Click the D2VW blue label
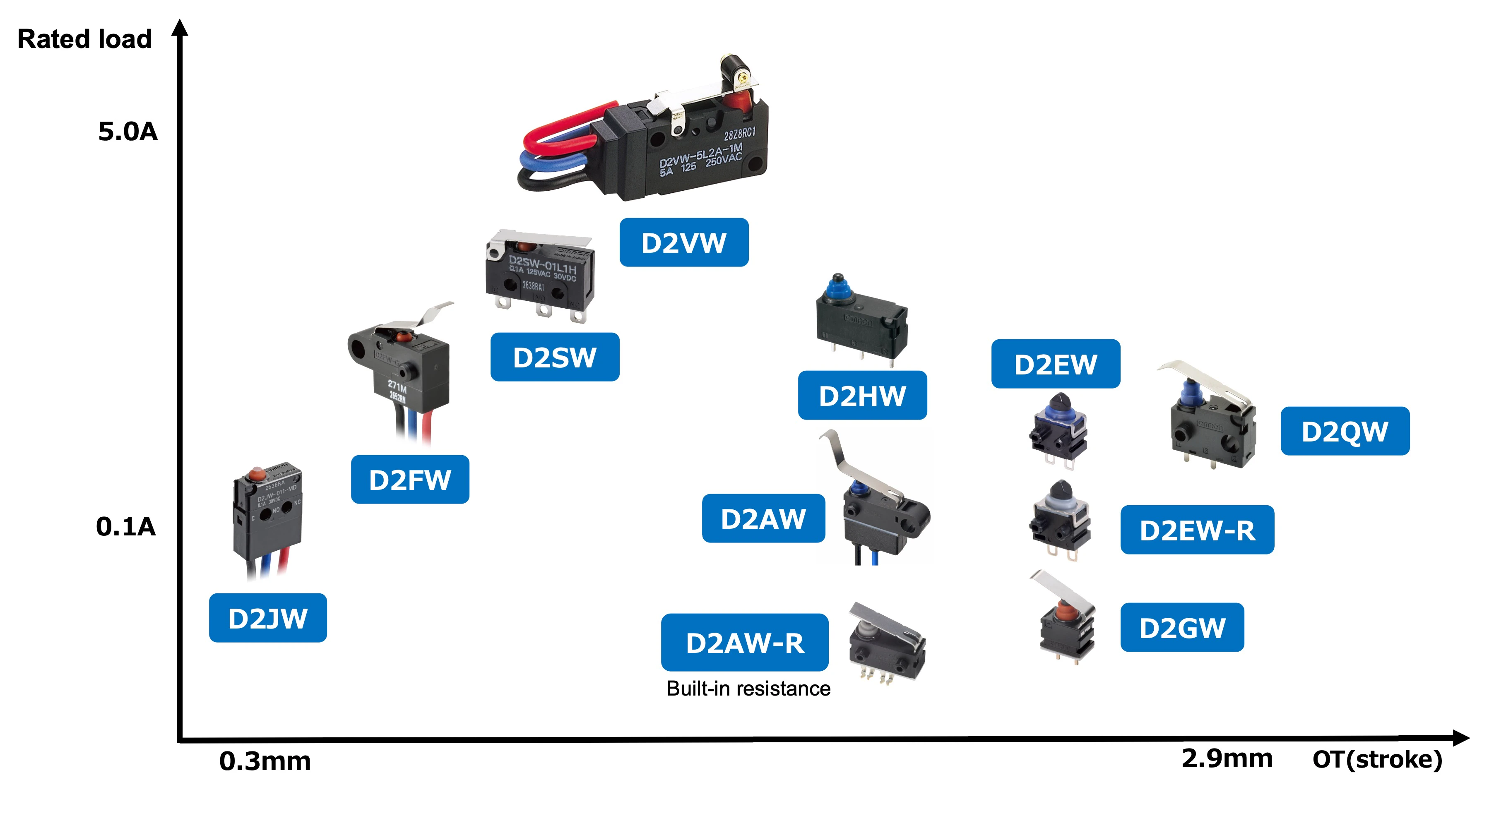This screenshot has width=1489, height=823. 684,242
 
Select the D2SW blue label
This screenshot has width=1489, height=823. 555,357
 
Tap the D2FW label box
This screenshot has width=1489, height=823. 410,480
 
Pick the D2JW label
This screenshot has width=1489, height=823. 268,618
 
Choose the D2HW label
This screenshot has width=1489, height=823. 862,395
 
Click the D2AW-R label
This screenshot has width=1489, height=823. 744,643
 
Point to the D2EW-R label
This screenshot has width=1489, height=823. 1197,530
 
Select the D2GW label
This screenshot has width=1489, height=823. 1182,628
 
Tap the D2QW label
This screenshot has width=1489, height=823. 1345,431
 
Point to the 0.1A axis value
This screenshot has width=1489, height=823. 126,526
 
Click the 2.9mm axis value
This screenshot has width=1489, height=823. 1227,758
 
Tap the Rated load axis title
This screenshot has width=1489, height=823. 84,39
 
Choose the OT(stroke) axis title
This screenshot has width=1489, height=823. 1378,759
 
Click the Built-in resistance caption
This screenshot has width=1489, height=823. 748,689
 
